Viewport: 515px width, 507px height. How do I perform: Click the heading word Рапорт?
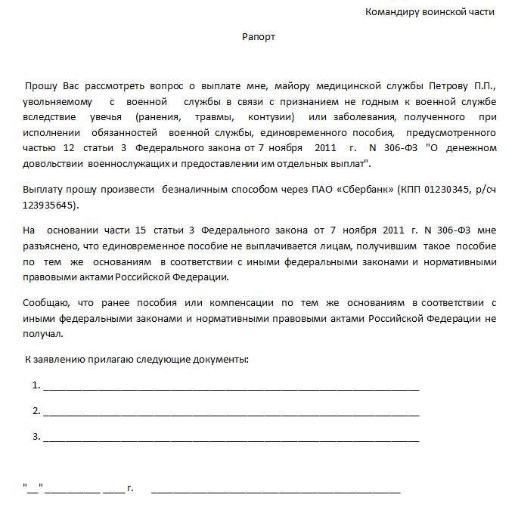point(259,37)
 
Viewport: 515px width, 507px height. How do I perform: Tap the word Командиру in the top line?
point(389,12)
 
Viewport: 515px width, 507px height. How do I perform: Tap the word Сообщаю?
point(45,304)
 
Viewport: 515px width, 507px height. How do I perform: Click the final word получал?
point(43,333)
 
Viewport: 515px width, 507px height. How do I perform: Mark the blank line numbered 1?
point(231,387)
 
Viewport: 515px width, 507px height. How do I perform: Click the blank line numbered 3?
point(231,438)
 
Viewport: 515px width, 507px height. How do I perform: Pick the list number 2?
point(36,411)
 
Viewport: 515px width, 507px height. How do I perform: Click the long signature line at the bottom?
point(275,489)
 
